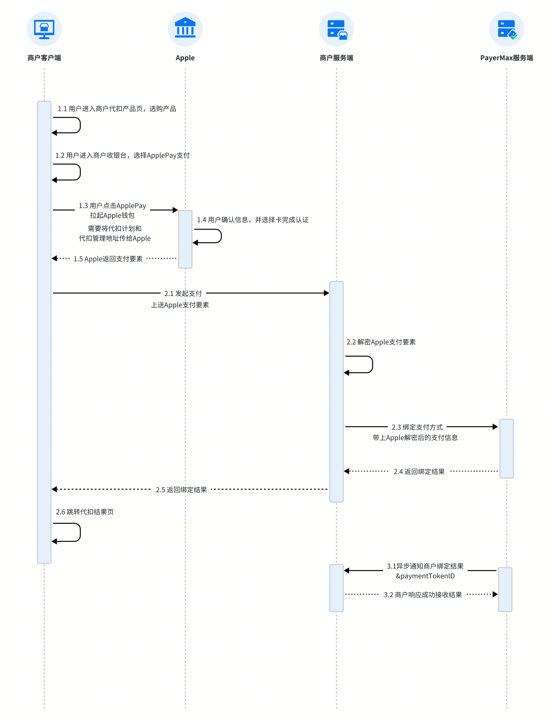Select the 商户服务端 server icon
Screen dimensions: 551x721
(x=337, y=30)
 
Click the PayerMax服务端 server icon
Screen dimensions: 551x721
(x=507, y=30)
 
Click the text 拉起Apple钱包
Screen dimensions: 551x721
(x=112, y=215)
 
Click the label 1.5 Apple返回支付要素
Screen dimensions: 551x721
(x=108, y=259)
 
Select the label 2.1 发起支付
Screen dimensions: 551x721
(x=183, y=293)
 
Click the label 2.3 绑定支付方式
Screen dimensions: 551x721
(x=417, y=427)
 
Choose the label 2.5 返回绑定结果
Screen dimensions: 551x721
(x=181, y=490)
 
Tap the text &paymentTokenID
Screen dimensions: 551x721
(x=425, y=576)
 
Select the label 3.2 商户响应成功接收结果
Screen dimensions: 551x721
(x=423, y=595)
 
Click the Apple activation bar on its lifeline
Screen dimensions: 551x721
(x=185, y=239)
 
